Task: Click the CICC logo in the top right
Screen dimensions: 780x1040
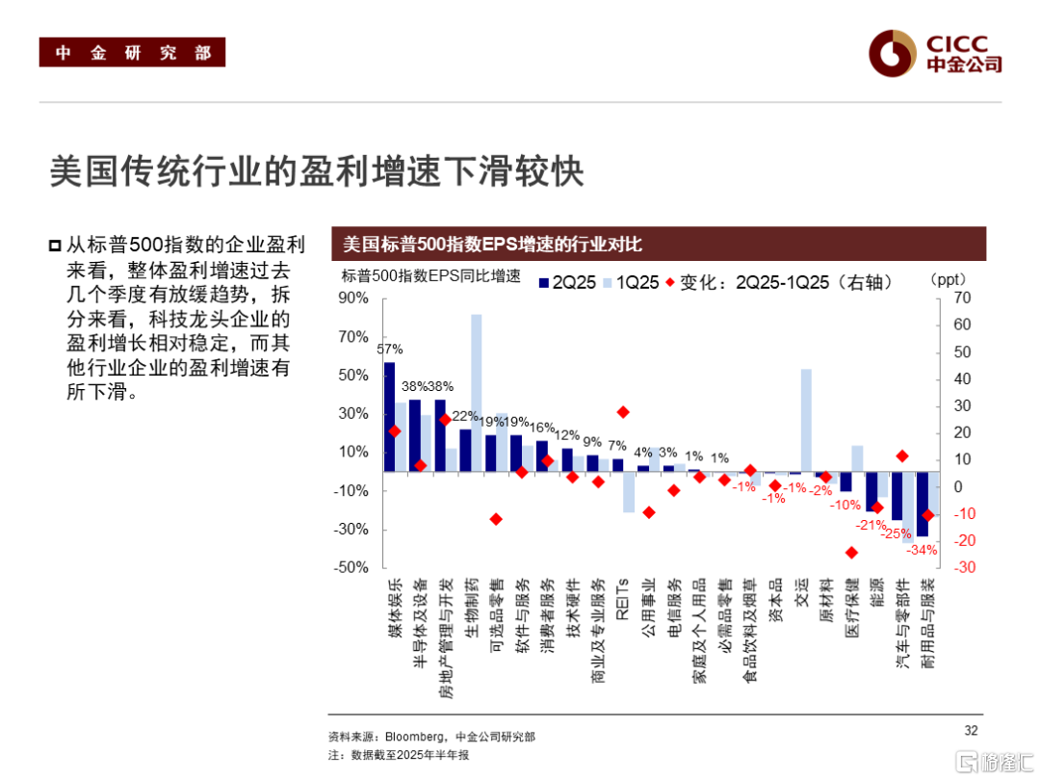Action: tap(934, 54)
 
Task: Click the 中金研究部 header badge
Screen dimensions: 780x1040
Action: tap(132, 53)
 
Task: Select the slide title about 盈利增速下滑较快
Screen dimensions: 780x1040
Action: tap(317, 172)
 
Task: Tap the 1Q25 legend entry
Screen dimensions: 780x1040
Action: tap(631, 281)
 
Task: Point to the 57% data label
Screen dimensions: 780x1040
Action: tap(389, 349)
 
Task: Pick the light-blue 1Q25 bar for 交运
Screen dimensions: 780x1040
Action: tap(806, 420)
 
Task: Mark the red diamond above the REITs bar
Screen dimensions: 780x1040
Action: tap(623, 412)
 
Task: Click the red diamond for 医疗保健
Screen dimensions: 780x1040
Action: tap(851, 552)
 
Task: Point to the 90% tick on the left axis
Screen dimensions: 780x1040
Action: tap(354, 298)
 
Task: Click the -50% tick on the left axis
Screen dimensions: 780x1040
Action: tap(353, 567)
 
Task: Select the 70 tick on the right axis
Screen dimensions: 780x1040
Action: tap(961, 298)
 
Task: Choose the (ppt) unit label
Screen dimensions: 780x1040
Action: tap(947, 280)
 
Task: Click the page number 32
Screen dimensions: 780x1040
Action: tap(971, 729)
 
